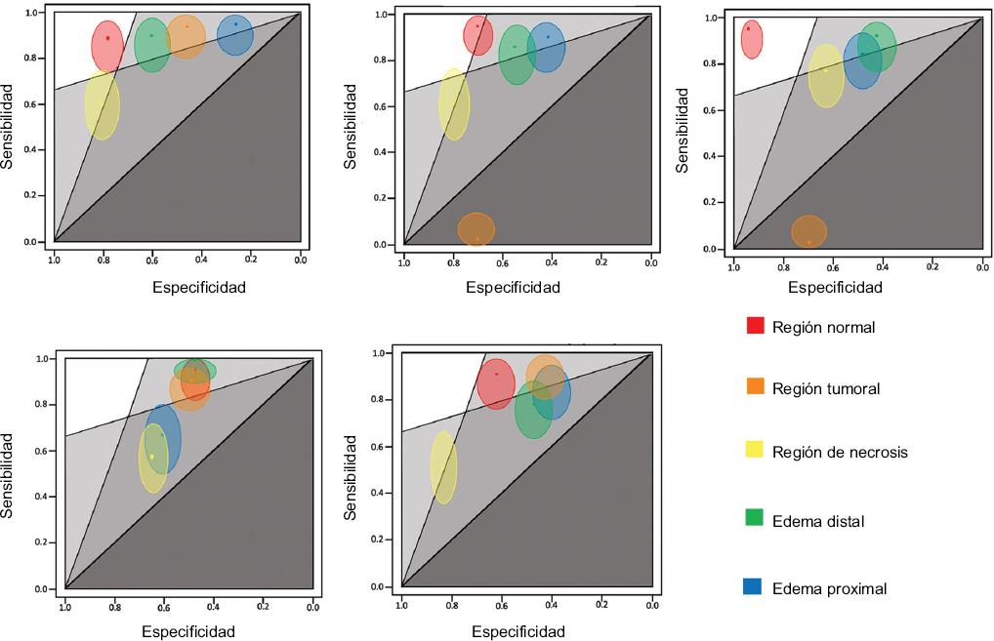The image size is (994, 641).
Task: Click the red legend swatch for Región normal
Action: click(x=754, y=326)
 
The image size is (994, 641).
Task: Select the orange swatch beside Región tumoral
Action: click(x=754, y=387)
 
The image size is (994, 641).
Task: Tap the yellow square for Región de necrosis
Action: click(x=754, y=450)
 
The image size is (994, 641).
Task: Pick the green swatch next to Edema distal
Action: click(x=754, y=519)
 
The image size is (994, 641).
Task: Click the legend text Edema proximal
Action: click(x=828, y=588)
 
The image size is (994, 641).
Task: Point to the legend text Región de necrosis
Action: click(x=839, y=452)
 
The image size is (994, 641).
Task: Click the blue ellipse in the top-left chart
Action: click(x=235, y=35)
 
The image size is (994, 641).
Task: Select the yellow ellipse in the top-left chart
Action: click(x=102, y=104)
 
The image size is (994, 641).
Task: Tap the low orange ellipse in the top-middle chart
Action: click(x=476, y=230)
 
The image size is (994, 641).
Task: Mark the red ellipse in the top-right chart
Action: click(x=751, y=40)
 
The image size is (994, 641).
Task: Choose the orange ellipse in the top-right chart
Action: click(x=808, y=232)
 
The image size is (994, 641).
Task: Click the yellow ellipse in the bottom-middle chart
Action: click(x=443, y=467)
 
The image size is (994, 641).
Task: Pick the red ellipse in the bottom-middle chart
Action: click(x=496, y=382)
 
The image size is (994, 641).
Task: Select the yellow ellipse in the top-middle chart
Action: click(x=454, y=104)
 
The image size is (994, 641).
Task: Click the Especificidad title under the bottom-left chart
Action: click(x=188, y=631)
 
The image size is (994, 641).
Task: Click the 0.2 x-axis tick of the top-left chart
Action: click(x=251, y=259)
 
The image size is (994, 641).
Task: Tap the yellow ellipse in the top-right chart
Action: click(x=826, y=76)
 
